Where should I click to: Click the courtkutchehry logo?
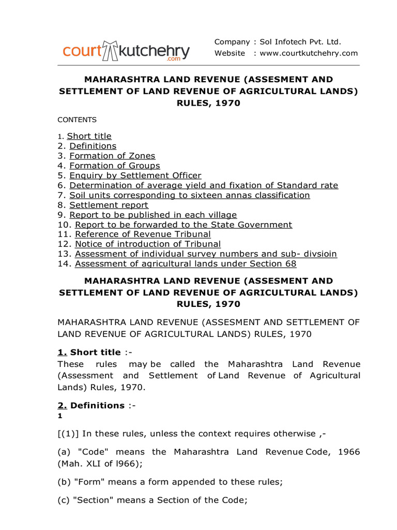(x=126, y=51)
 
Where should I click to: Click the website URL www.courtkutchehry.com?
(x=309, y=53)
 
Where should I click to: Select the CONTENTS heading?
(x=77, y=120)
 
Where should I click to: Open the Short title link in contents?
(x=89, y=136)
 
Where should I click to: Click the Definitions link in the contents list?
(x=93, y=146)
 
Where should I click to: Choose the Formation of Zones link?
(x=112, y=156)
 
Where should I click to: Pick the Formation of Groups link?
(x=114, y=166)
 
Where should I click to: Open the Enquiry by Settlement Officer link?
(x=135, y=175)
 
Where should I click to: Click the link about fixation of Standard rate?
(x=204, y=185)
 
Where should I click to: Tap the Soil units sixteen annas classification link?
(x=189, y=195)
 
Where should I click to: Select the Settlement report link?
(x=109, y=205)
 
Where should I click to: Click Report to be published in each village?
(x=153, y=215)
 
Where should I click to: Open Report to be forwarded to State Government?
(x=184, y=225)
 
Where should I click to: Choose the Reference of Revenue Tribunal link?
(x=143, y=234)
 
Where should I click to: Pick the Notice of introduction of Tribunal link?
(x=148, y=244)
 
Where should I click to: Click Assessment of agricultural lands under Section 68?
(x=186, y=264)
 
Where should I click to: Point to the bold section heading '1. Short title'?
(x=89, y=352)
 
